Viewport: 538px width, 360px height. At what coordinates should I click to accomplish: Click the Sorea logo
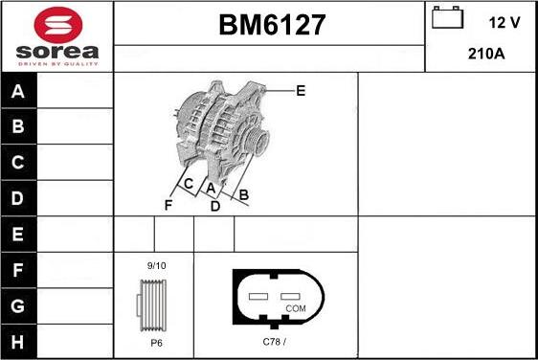click(x=56, y=36)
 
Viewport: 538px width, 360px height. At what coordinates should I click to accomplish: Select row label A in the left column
click(x=18, y=92)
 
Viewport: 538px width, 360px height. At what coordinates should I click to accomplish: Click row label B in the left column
click(x=18, y=127)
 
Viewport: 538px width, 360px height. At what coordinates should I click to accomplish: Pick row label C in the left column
click(x=18, y=163)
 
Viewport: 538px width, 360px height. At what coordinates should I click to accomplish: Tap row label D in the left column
click(x=18, y=198)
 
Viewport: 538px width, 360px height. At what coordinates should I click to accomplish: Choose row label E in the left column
click(x=18, y=234)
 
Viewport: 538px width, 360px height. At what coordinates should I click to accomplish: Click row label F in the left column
click(x=18, y=270)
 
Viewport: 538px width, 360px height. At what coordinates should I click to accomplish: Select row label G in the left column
click(x=18, y=305)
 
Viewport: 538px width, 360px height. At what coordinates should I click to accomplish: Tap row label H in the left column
click(x=18, y=341)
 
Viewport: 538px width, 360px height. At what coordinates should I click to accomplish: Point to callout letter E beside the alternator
click(x=301, y=91)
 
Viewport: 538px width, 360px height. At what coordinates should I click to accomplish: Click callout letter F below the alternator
click(x=168, y=205)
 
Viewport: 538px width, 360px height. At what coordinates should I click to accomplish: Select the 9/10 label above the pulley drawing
click(x=155, y=265)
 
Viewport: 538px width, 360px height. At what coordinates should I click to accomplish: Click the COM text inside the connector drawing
click(x=296, y=309)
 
